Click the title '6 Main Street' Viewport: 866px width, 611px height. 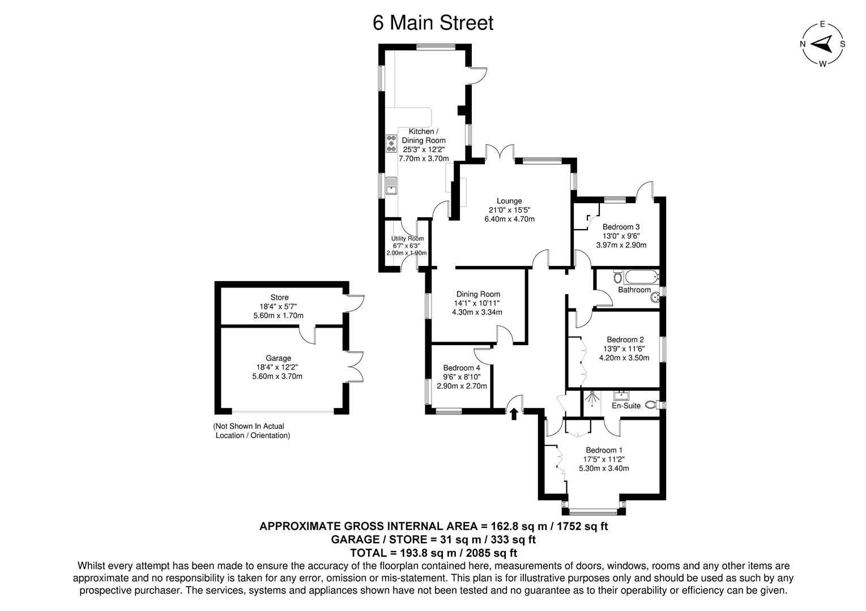click(x=433, y=23)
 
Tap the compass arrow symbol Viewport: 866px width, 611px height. click(x=822, y=44)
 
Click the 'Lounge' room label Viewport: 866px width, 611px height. click(x=509, y=201)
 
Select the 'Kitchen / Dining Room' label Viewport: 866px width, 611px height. click(x=423, y=136)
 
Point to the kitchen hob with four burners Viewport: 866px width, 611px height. click(x=391, y=143)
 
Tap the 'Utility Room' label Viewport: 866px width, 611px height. click(x=407, y=238)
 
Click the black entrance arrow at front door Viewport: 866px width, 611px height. click(x=514, y=414)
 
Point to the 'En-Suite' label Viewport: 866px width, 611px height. click(x=626, y=406)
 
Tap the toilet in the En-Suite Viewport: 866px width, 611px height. click(x=654, y=405)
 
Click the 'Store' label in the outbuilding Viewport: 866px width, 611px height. click(x=279, y=298)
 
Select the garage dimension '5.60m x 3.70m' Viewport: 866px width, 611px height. click(x=278, y=376)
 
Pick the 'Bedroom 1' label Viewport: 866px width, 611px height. click(x=604, y=450)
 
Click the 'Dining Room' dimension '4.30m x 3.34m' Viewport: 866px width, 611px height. click(x=477, y=312)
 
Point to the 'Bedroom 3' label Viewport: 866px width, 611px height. click(x=621, y=227)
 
